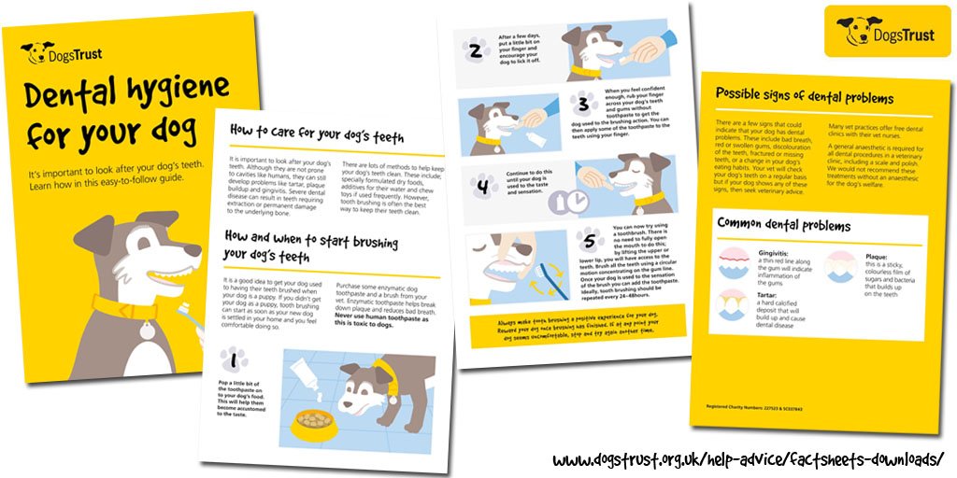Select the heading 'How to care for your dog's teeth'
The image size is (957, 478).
tap(316, 135)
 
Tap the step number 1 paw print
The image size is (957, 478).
tap(230, 358)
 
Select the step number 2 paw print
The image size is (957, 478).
tap(478, 49)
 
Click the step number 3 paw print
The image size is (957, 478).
tap(584, 103)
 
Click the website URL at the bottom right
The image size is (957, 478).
tap(748, 460)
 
